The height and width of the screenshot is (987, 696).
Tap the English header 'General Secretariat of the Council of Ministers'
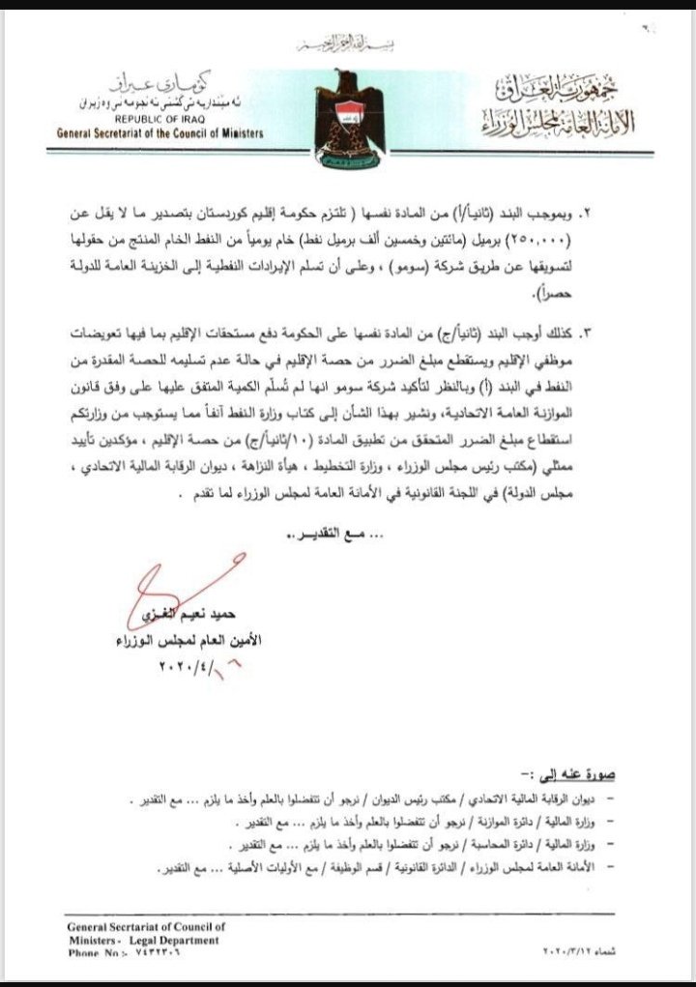[x=160, y=134]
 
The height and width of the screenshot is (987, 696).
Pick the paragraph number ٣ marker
[x=639, y=333]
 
